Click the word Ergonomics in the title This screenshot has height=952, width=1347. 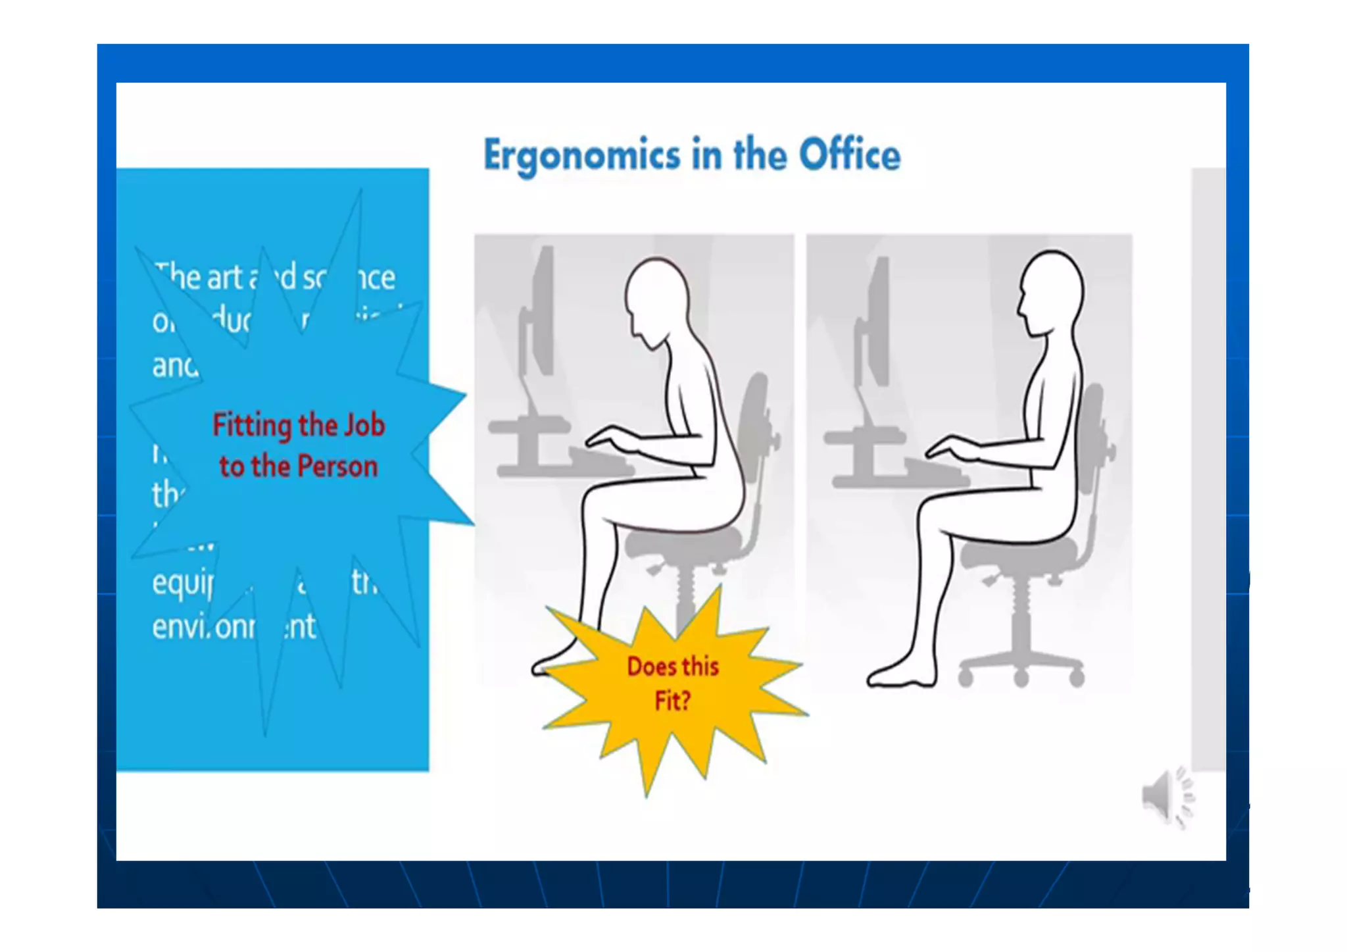pyautogui.click(x=581, y=156)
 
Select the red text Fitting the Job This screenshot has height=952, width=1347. pyautogui.click(x=299, y=425)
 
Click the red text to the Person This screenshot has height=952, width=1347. pyautogui.click(x=299, y=466)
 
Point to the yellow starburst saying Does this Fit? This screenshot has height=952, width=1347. pyautogui.click(x=672, y=684)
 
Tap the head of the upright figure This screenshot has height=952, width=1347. pyautogui.click(x=1051, y=293)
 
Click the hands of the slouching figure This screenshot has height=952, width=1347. pyautogui.click(x=612, y=438)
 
